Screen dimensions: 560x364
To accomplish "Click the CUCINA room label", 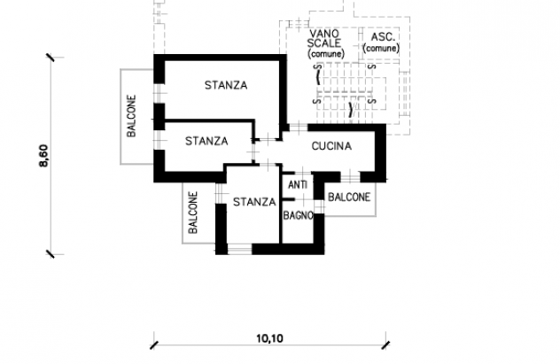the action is [331, 146].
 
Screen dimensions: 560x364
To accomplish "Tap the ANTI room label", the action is [298, 185].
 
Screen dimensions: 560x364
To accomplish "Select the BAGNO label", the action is [299, 215].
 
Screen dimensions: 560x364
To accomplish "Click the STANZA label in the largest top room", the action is [226, 85].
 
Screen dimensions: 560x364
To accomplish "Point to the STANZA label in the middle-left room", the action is [206, 141].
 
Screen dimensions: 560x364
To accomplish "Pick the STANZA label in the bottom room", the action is [254, 202].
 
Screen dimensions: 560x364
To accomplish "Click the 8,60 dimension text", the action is [44, 156].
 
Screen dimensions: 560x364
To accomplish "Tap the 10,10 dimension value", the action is [269, 338].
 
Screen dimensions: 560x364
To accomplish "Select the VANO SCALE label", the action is [324, 39].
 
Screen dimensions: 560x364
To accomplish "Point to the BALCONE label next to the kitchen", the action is [349, 197].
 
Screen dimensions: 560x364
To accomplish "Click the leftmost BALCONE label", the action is [132, 116].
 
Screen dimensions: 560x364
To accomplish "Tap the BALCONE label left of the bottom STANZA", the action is [193, 213].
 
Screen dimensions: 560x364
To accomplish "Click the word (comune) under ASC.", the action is [381, 48].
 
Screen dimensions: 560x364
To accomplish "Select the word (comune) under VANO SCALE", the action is [326, 54].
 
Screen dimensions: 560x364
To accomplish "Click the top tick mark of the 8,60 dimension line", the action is [51, 58].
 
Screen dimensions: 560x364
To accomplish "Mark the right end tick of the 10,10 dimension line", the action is [385, 345].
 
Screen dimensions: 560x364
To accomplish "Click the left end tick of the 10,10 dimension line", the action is [154, 345].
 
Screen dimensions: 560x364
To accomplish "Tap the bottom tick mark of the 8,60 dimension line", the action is [51, 254].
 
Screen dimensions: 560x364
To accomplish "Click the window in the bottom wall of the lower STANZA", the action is [239, 249].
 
